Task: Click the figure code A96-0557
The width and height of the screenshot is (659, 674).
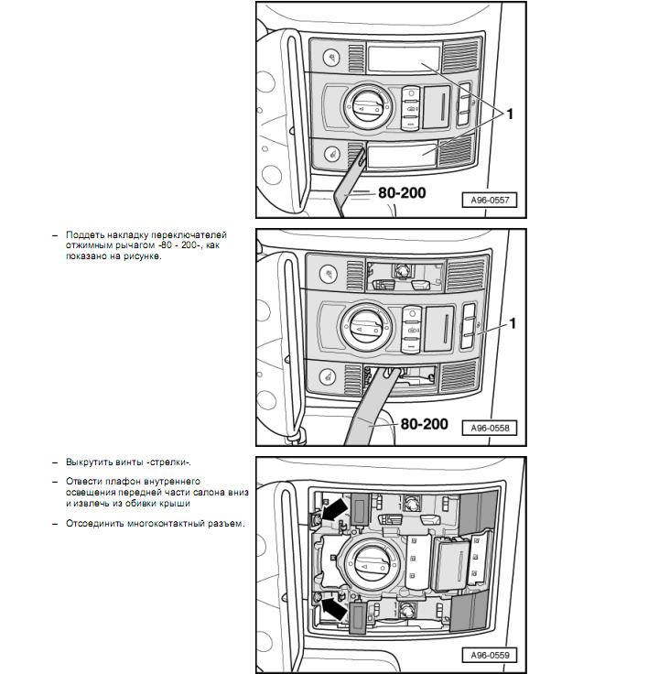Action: pos(490,200)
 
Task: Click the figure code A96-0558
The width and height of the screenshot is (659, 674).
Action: pos(490,428)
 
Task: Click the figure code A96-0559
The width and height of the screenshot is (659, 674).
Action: pos(490,655)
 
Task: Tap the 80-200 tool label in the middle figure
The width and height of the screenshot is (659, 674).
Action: pos(425,424)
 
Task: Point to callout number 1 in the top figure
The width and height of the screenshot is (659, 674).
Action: pos(510,114)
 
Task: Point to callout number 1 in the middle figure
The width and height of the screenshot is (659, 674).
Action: pos(513,323)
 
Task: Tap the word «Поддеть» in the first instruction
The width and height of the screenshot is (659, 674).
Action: pos(83,235)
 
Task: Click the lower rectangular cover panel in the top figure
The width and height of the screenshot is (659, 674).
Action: pos(403,154)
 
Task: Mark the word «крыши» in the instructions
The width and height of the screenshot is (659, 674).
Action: pos(173,503)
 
